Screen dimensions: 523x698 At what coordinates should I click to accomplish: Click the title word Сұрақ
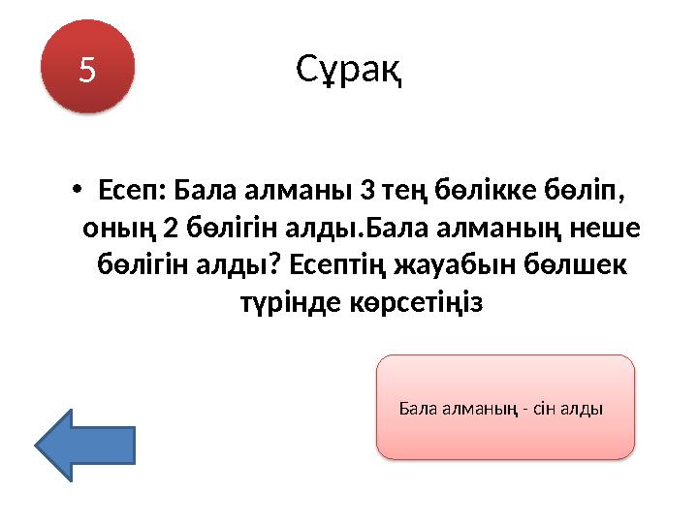point(349,70)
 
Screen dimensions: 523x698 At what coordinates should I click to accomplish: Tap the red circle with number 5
point(88,68)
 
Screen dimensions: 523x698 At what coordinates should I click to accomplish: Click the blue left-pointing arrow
point(85,445)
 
